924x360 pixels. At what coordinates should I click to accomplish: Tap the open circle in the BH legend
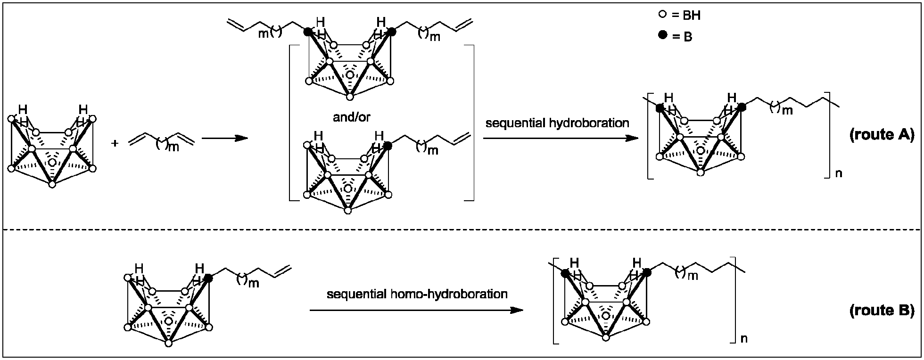[x=662, y=15]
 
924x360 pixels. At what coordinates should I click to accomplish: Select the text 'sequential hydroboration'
[x=557, y=123]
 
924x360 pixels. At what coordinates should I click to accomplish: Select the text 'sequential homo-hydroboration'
[x=417, y=295]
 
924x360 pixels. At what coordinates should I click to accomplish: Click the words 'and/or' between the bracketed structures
[x=352, y=117]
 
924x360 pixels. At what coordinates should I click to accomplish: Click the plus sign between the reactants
[x=115, y=143]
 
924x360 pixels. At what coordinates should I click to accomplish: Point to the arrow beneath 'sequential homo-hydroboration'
[x=417, y=310]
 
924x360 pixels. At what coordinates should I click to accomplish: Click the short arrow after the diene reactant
[x=224, y=138]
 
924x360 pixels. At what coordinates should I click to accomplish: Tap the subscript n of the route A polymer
[x=839, y=173]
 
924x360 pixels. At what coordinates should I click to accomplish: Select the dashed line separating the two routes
[x=462, y=229]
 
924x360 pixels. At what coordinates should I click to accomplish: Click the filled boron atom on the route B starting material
[x=209, y=278]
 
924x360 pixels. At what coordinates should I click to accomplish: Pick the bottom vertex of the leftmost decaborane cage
[x=52, y=184]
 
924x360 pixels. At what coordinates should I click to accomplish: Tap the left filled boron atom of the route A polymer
[x=660, y=108]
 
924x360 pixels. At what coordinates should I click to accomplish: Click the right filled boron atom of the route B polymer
[x=647, y=272]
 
